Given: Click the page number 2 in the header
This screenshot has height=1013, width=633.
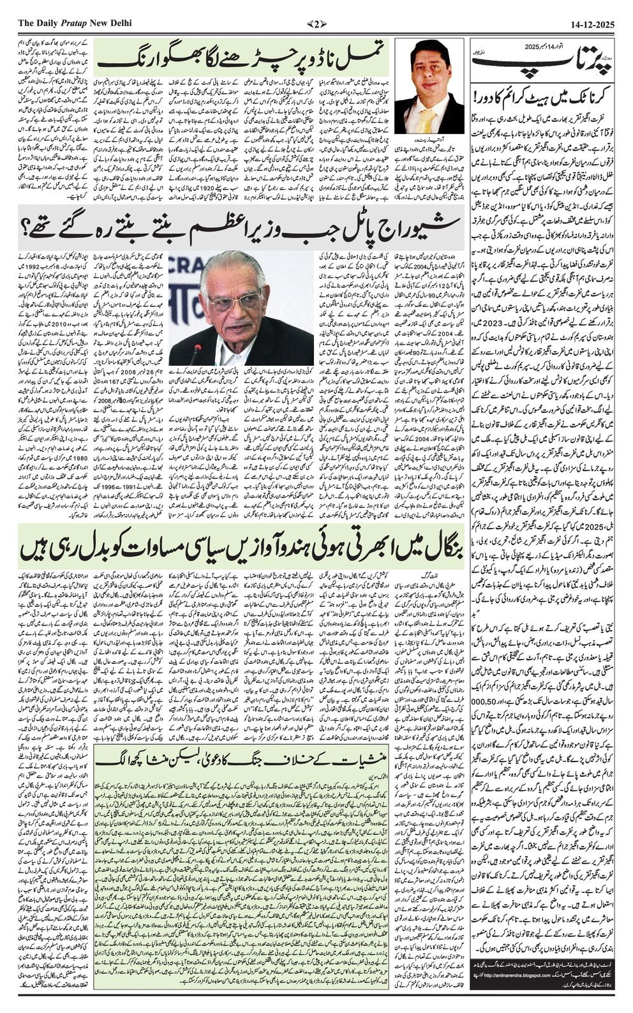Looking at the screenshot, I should coord(316,24).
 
